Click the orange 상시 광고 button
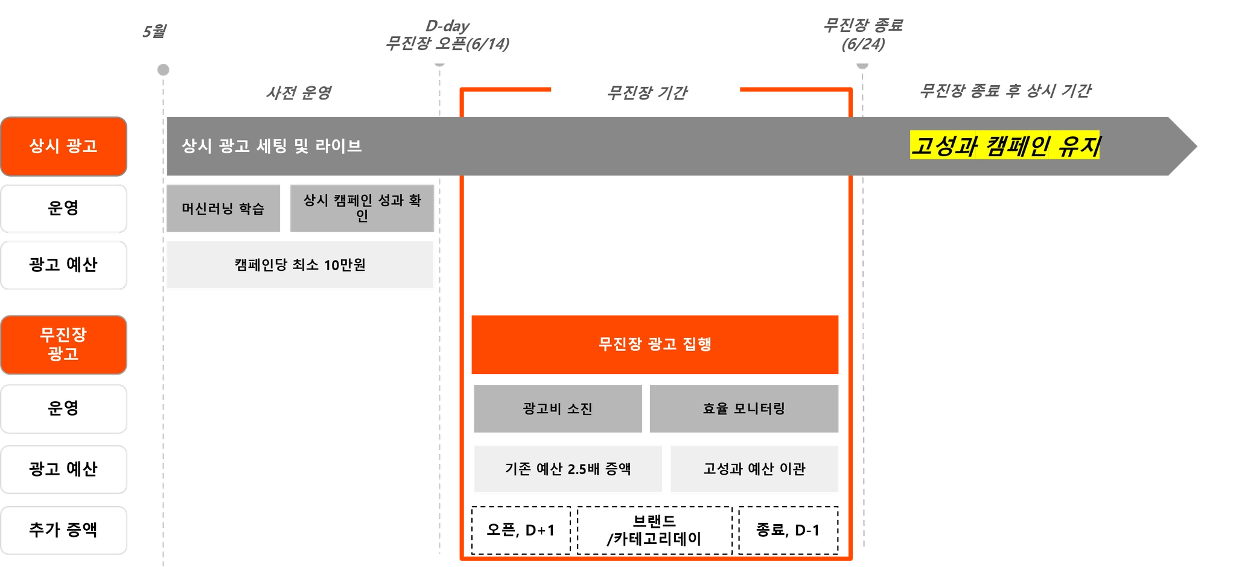point(63,146)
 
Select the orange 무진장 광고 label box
point(63,344)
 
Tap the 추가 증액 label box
point(63,530)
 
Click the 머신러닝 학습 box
point(223,209)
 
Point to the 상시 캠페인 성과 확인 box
point(362,209)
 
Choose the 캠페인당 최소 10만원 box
point(300,265)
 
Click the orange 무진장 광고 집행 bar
point(655,344)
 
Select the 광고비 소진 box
point(558,409)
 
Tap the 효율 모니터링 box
point(744,409)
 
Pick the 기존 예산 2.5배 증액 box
point(568,469)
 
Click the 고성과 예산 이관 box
point(754,469)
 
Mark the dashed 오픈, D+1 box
point(521,530)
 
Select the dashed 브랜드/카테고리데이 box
point(655,530)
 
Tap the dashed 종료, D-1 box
point(788,530)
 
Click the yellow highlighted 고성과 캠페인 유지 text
point(1005,145)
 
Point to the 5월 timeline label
point(154,31)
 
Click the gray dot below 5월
point(163,70)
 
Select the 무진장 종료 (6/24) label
point(863,34)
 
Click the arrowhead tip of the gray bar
point(1197,146)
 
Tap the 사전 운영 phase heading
point(299,93)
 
